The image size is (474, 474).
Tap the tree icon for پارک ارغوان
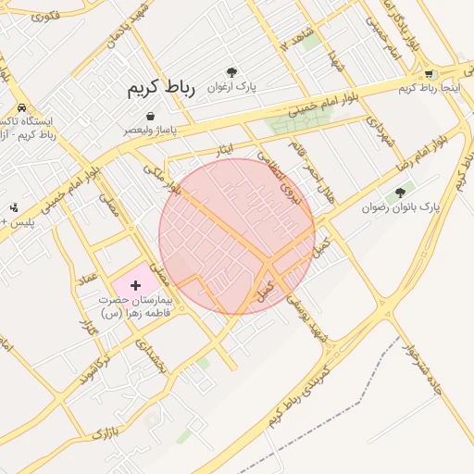click(x=231, y=72)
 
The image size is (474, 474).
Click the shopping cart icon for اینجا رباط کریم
click(x=428, y=74)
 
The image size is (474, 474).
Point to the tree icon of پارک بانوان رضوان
click(x=400, y=193)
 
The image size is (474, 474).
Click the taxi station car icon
click(x=21, y=107)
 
